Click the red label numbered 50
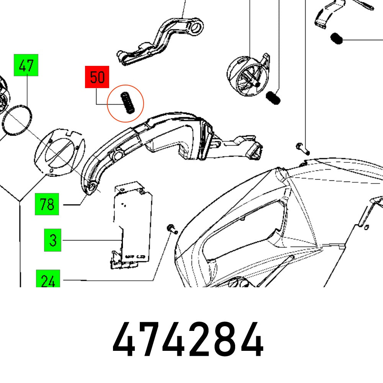pos(97,78)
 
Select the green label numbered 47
pos(26,65)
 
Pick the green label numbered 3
pos(53,240)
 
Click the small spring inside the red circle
pos(128,103)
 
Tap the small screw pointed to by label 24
pos(171,229)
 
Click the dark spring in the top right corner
pos(336,38)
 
